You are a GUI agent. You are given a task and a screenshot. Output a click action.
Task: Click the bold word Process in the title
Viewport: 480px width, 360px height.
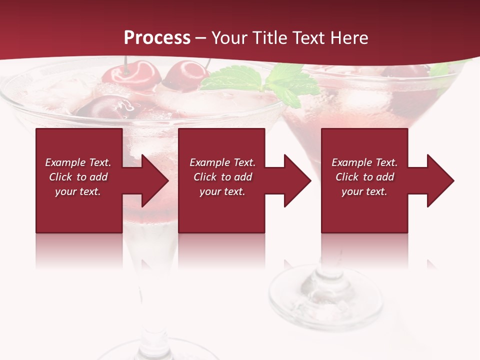(x=157, y=38)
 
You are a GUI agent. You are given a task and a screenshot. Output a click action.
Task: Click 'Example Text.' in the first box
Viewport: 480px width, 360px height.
(x=78, y=162)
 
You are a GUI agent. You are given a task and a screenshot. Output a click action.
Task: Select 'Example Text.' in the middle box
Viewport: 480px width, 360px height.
(x=222, y=162)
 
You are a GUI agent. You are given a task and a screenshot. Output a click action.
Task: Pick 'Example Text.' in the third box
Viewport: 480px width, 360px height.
(x=364, y=162)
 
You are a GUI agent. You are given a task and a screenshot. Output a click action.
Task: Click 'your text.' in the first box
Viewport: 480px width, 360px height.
(x=78, y=191)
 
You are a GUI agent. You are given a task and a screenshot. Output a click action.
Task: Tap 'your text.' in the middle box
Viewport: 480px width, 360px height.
(x=222, y=191)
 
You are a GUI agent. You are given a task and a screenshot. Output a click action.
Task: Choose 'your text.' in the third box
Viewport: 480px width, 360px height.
(x=364, y=191)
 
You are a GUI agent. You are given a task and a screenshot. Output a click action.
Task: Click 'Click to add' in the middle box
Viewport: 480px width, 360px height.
(x=222, y=177)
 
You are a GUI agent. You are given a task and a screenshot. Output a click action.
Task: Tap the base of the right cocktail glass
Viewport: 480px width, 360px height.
(x=320, y=295)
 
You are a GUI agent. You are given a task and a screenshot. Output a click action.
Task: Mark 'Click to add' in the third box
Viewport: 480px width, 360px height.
(x=364, y=177)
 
